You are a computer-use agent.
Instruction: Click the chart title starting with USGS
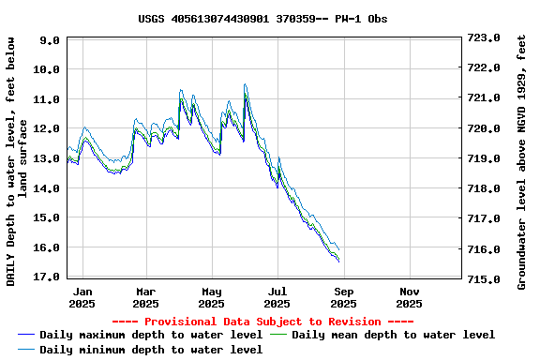[262, 18]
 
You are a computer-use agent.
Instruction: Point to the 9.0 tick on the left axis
[51, 40]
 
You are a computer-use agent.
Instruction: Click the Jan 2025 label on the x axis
[82, 297]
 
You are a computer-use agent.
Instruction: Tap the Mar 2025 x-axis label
[145, 297]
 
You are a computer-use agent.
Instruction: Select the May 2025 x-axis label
[212, 297]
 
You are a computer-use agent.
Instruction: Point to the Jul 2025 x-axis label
[277, 297]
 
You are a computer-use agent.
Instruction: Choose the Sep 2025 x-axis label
[343, 297]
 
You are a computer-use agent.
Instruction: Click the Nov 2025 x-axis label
[409, 297]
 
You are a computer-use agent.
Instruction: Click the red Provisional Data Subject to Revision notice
[262, 321]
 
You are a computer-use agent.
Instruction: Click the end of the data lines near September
[337, 259]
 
